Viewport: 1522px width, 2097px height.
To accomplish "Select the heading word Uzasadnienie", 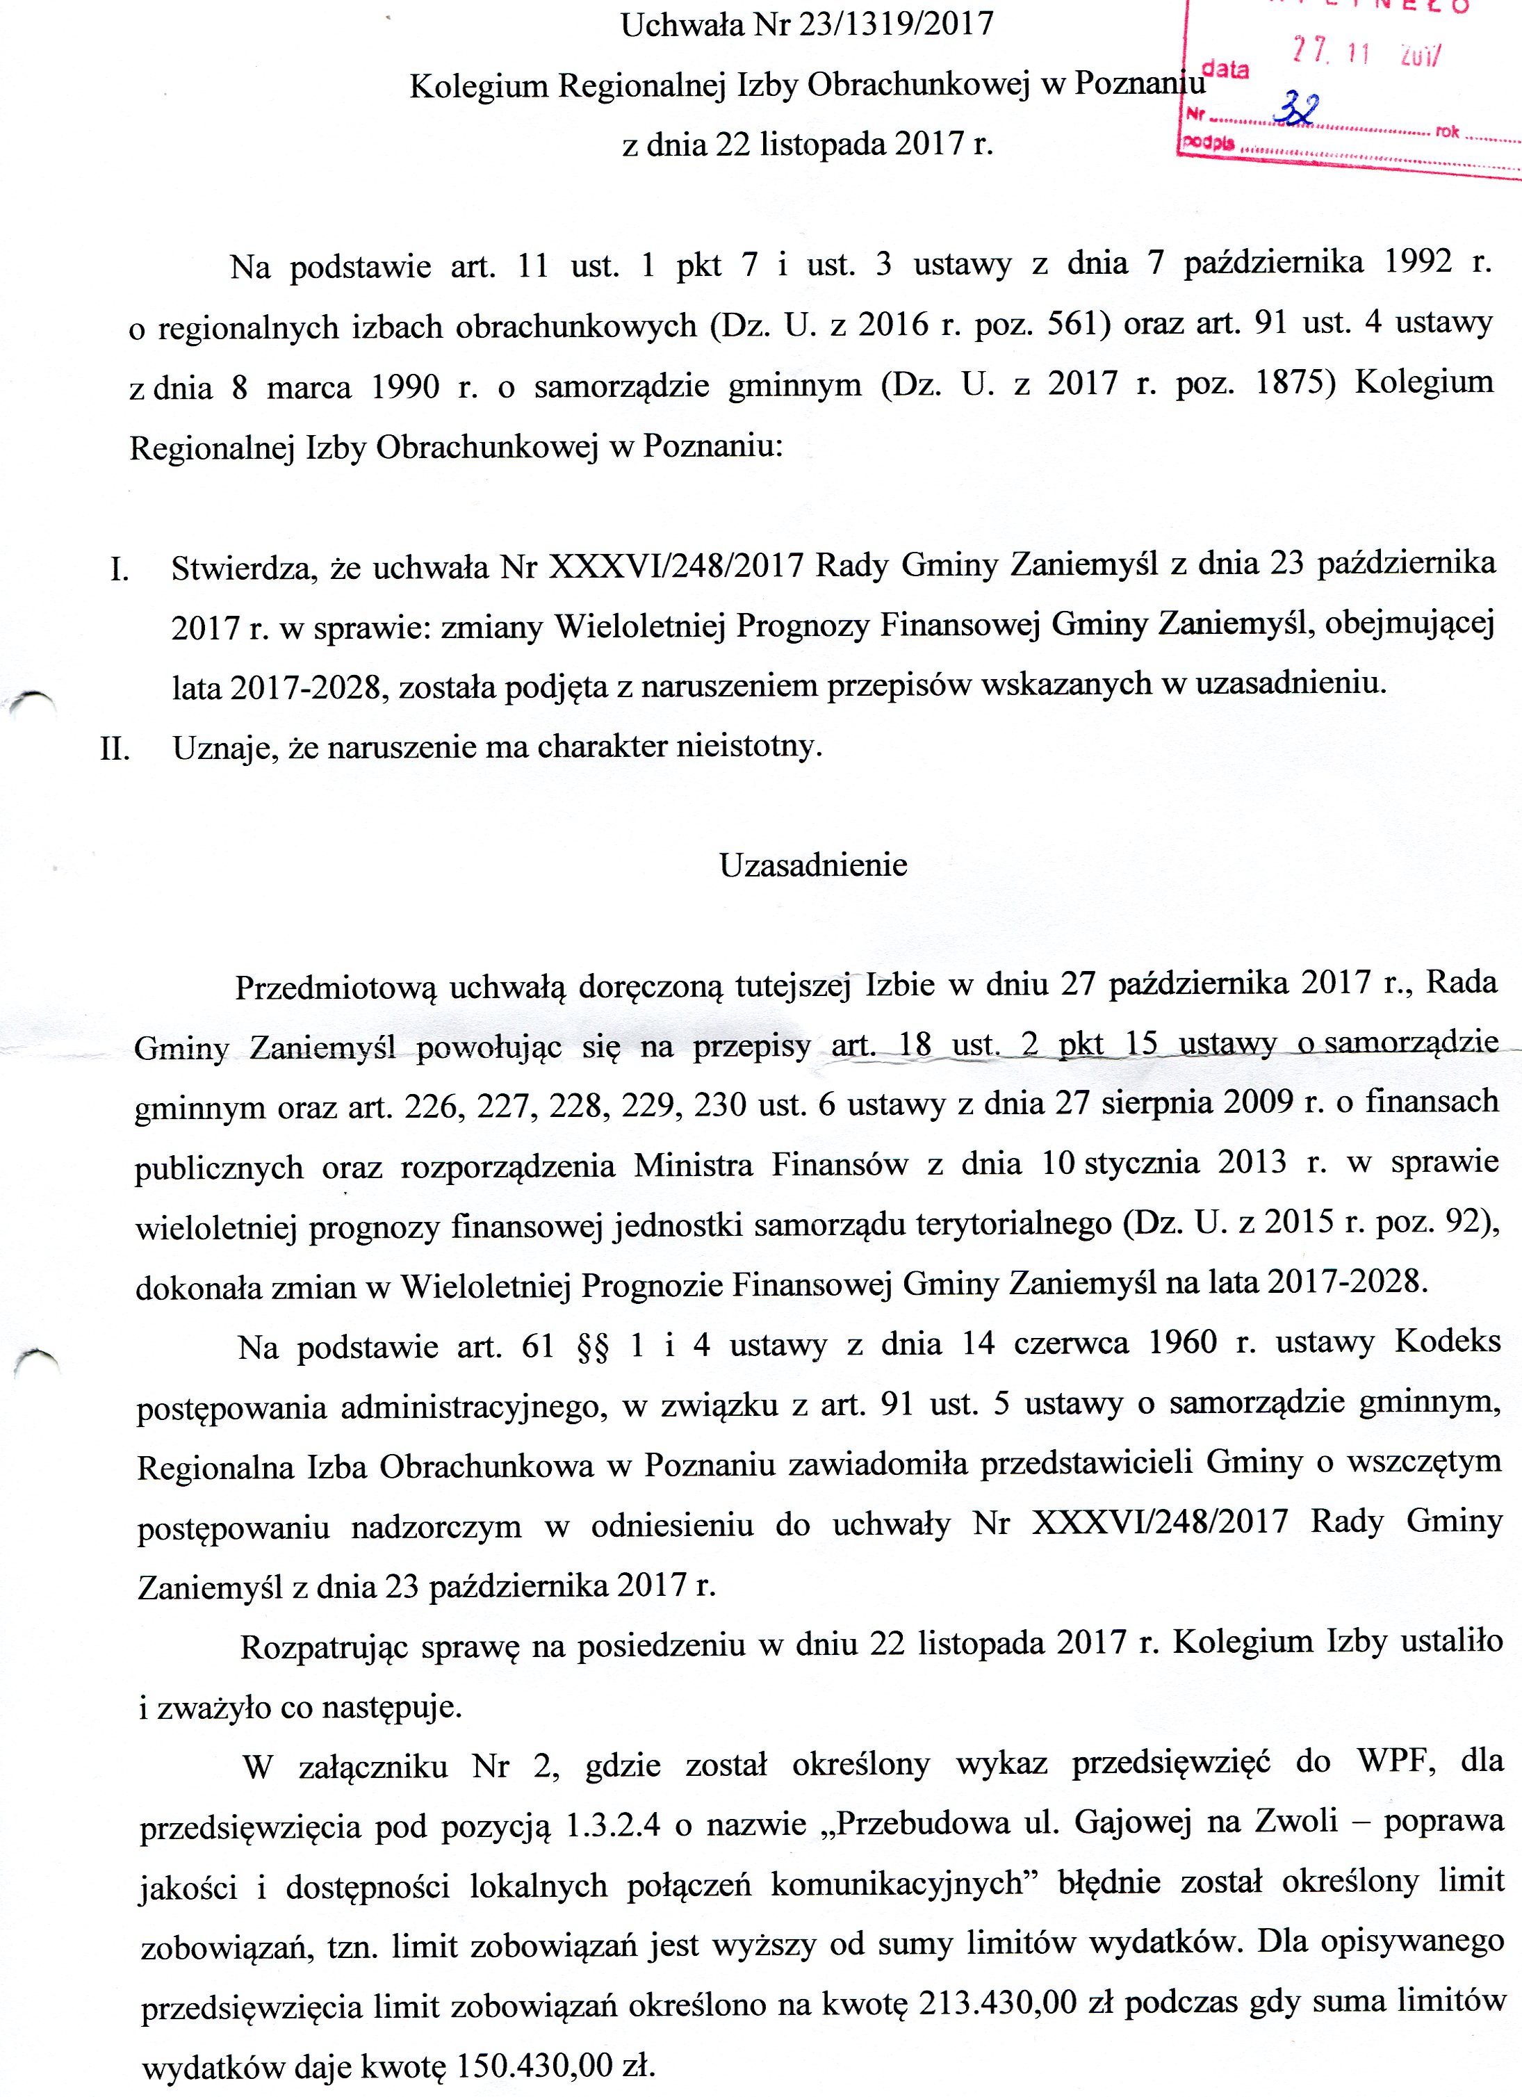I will coord(814,865).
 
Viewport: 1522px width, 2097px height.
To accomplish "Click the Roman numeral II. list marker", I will coord(115,748).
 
